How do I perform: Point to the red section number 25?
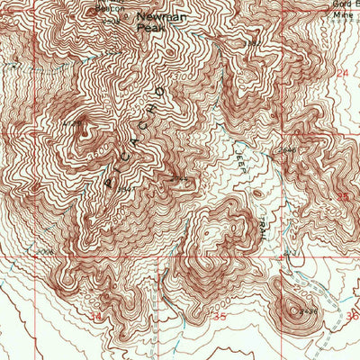(342, 194)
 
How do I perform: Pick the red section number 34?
(96, 318)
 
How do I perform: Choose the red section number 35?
(219, 318)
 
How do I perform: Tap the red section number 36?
(352, 317)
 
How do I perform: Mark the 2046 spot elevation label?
(287, 149)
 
